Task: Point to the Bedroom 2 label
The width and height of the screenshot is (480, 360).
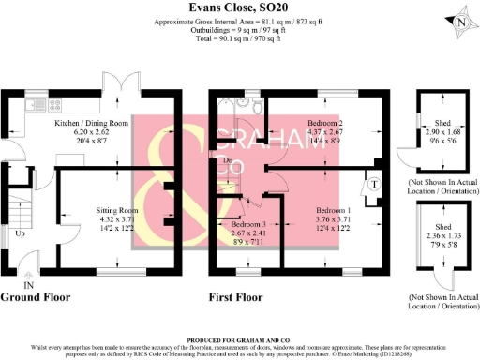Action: (x=324, y=123)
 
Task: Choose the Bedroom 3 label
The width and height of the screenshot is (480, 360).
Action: (x=249, y=225)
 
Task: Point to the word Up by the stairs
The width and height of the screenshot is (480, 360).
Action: (x=20, y=233)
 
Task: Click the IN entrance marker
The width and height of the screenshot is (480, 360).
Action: (x=28, y=283)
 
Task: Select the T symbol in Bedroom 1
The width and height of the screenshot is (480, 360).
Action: (x=372, y=185)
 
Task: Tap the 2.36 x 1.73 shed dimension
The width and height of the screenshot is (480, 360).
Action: (x=442, y=236)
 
